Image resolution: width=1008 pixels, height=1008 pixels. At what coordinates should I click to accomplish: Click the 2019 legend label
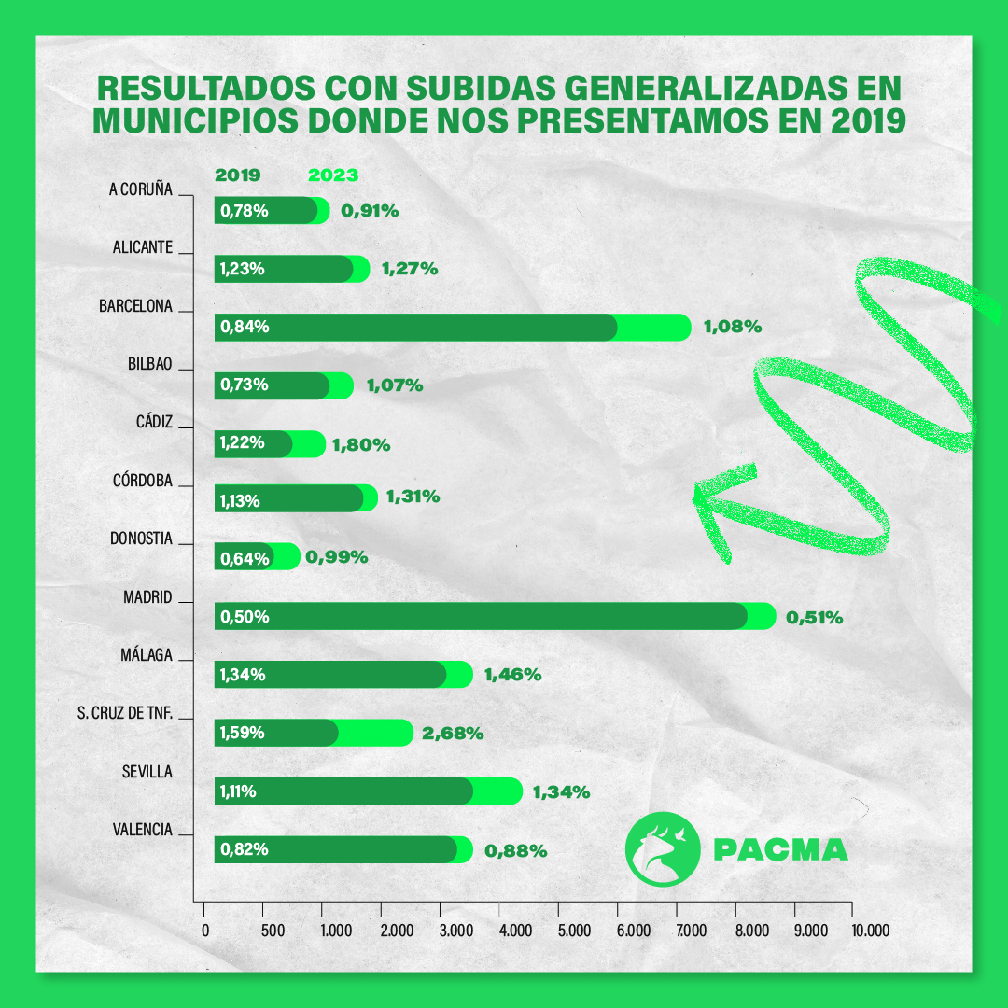238,175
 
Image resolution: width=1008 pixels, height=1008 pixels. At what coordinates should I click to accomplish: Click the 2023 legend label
333,175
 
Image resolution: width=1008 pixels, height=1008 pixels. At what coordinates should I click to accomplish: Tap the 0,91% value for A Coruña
370,211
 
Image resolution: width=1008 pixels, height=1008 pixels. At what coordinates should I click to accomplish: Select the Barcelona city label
136,306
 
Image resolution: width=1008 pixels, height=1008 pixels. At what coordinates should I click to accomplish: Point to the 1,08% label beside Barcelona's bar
733,327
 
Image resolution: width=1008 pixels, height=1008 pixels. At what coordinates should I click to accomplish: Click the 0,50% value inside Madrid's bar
245,617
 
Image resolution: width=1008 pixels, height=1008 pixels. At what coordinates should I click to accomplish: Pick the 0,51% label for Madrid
815,617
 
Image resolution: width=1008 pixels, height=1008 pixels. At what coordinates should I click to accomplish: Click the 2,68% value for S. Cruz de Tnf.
453,734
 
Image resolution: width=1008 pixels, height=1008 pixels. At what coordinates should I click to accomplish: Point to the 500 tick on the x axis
272,930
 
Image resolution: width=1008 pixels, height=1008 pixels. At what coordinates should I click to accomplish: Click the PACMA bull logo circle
662,848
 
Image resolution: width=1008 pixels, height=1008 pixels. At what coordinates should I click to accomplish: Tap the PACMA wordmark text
780,850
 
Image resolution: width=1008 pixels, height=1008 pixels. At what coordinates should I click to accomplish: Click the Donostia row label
141,539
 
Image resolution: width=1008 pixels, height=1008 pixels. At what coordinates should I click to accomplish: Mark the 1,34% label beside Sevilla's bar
561,792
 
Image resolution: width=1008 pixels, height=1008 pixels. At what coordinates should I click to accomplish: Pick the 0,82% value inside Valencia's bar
245,849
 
